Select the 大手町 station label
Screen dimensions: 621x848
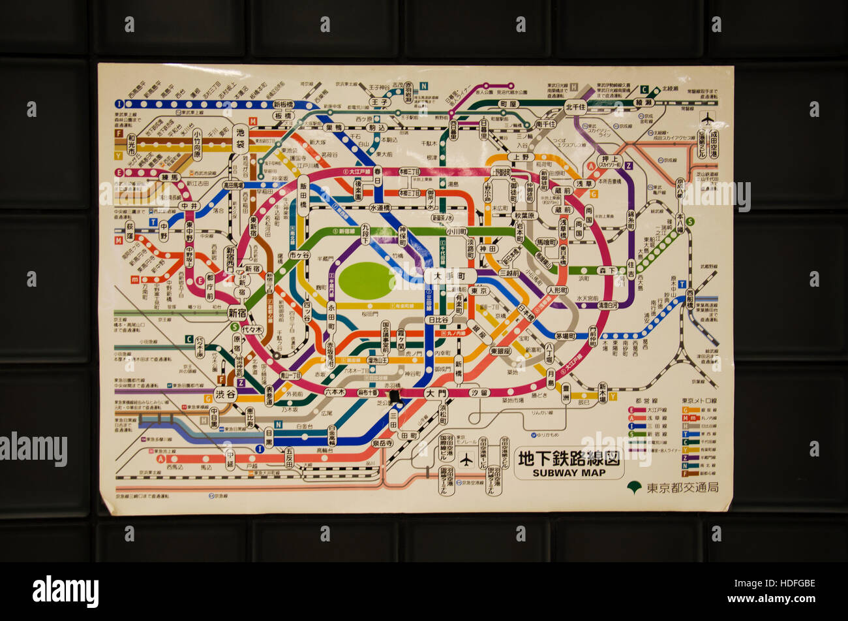click(x=450, y=276)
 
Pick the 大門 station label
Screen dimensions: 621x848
click(x=436, y=393)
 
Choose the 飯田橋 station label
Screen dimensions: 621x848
click(x=303, y=195)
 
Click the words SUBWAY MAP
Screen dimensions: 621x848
click(x=569, y=472)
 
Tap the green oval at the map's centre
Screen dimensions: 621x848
click(x=366, y=281)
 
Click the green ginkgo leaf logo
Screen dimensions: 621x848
click(x=633, y=487)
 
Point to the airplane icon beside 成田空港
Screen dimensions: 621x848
click(x=707, y=118)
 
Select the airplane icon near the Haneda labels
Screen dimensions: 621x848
click(x=466, y=460)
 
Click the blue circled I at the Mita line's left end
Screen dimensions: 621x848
click(x=119, y=103)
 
